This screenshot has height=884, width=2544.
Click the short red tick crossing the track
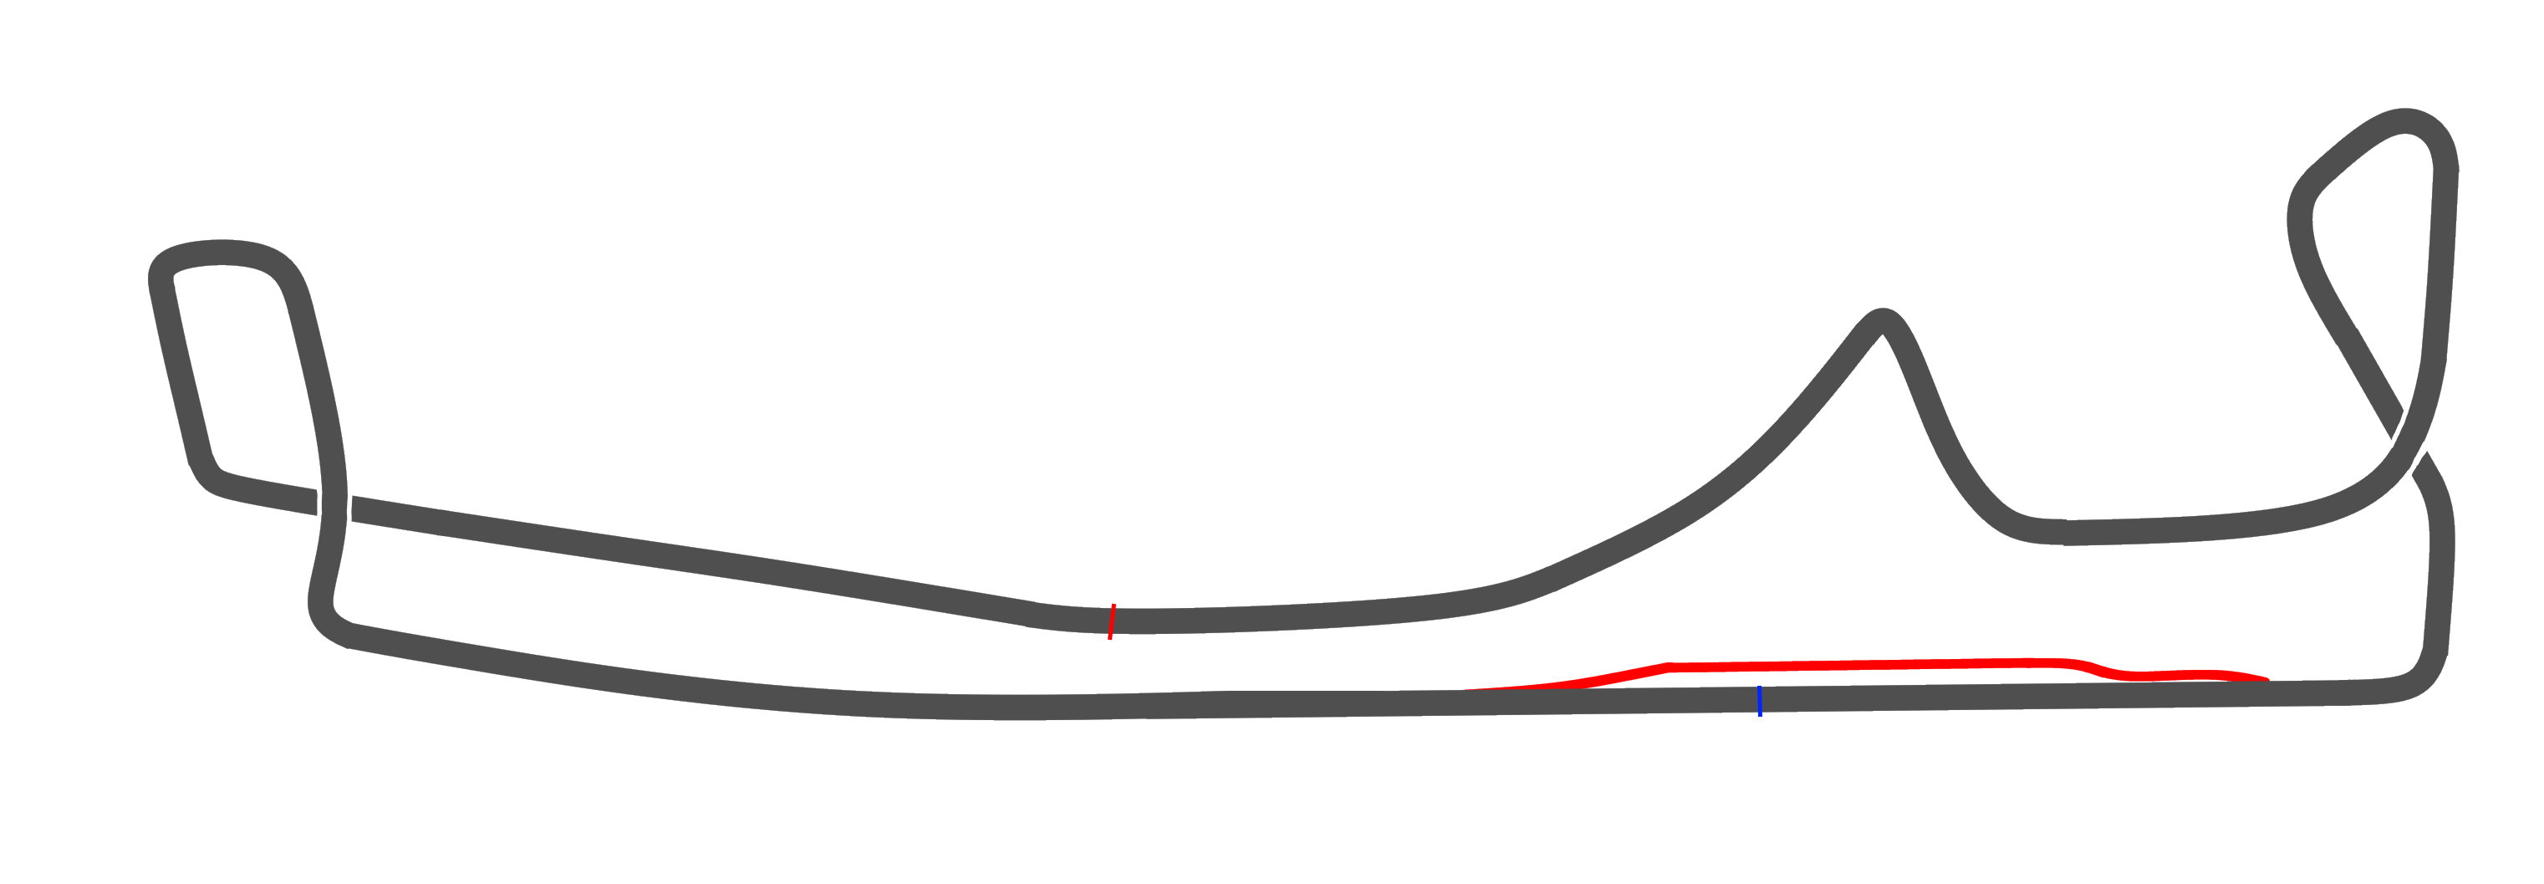[1112, 621]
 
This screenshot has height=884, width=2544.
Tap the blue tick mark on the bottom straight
[1759, 700]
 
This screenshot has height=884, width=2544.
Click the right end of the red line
[2266, 678]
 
